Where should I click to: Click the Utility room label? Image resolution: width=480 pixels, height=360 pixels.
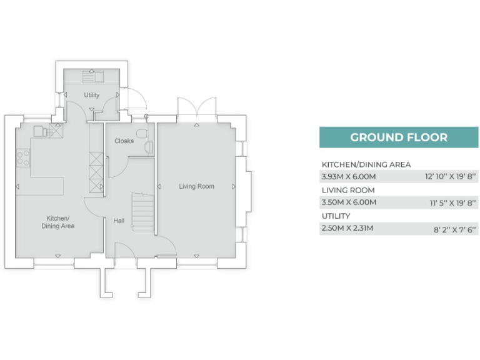tap(92, 95)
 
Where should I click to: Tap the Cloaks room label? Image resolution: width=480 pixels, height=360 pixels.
tap(124, 141)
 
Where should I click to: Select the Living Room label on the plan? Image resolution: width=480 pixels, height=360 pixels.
tap(196, 186)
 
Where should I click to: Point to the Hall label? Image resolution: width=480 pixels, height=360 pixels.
tap(119, 221)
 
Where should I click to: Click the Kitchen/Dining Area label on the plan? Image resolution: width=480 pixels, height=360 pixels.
tap(58, 222)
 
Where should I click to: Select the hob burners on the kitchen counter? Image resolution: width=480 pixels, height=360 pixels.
tap(22, 157)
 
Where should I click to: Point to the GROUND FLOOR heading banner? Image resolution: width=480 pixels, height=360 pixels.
tap(399, 137)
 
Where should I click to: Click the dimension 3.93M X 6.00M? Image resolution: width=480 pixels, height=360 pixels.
tap(349, 177)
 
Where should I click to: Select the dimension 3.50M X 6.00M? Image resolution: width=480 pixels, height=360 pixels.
tap(349, 202)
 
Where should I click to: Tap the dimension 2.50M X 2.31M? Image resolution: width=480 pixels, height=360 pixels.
tap(347, 228)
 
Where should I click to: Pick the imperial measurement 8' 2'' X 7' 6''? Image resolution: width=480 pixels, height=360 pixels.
tap(454, 229)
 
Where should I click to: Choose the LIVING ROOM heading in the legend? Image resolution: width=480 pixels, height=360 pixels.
tap(348, 190)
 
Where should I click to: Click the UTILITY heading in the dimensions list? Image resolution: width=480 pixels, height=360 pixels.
tap(336, 216)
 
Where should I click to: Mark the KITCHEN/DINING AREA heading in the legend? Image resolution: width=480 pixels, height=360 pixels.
tap(366, 164)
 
